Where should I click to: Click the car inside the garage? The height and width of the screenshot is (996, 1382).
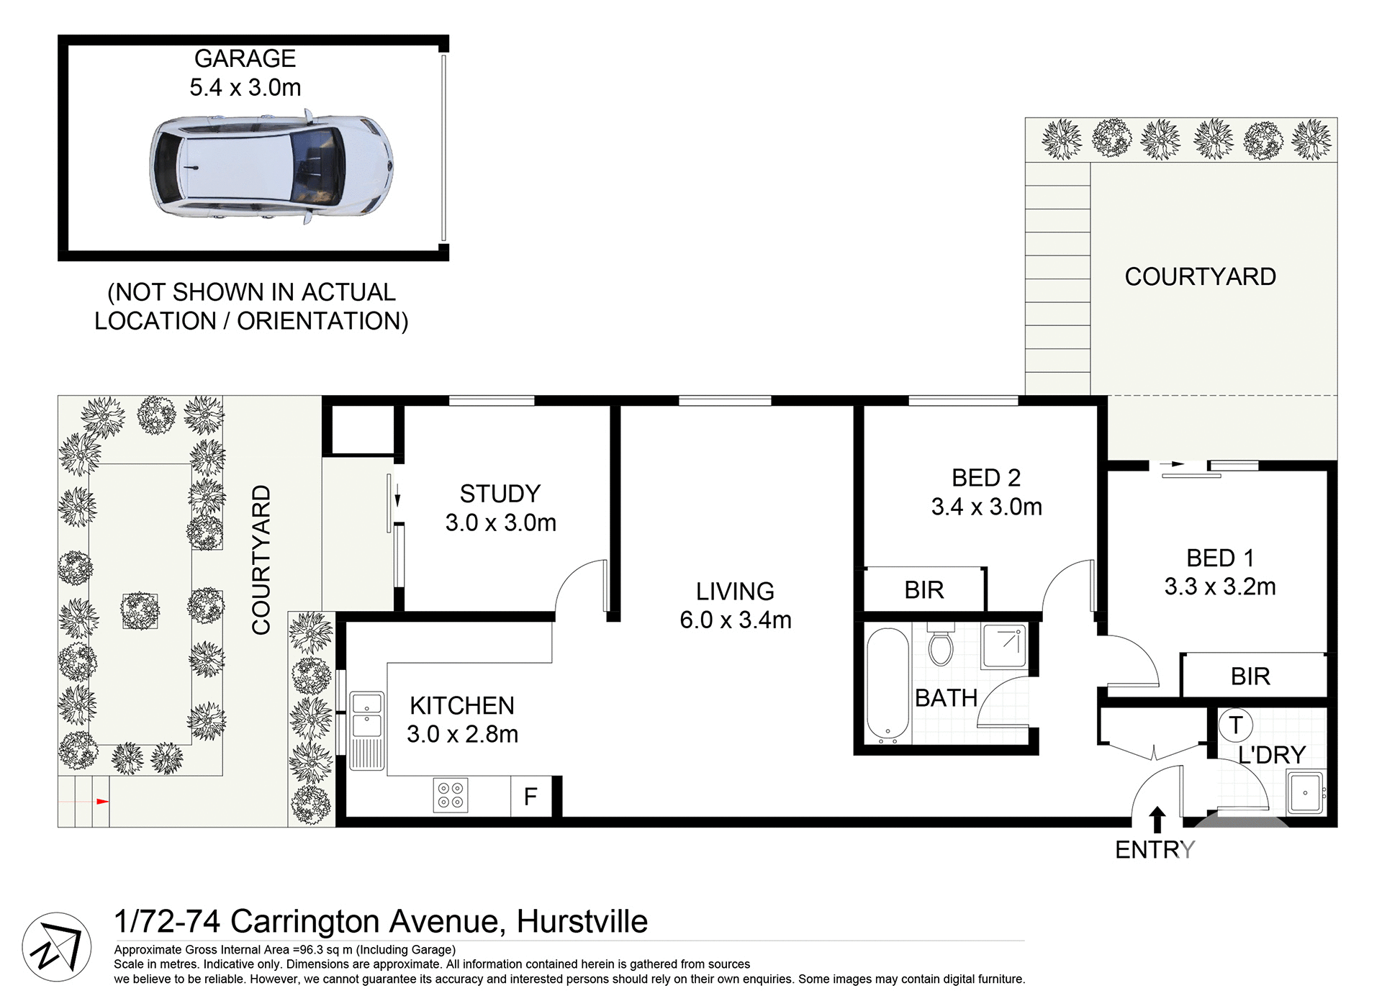point(271,167)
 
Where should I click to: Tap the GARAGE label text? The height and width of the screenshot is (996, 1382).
point(245,59)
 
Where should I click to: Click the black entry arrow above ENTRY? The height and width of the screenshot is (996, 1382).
point(1157,820)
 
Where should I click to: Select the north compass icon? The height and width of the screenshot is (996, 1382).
point(56,947)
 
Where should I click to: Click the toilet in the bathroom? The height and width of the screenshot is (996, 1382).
point(941,646)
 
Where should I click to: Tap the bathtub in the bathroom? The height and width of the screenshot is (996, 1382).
point(888,686)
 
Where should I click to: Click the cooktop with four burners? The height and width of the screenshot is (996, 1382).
point(451,795)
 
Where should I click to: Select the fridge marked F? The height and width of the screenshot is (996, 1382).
point(531,797)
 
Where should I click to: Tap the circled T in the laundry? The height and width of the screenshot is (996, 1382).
point(1236,725)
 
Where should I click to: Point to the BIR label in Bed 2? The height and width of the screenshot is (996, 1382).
point(923,590)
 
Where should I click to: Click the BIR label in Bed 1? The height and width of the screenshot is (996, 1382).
point(1250,676)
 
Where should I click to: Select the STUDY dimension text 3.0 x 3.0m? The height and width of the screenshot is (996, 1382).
point(500,523)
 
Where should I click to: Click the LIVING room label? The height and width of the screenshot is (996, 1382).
point(735,592)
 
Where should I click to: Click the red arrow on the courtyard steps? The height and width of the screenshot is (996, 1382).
point(102,801)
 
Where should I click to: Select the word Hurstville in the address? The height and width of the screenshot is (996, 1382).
point(582,922)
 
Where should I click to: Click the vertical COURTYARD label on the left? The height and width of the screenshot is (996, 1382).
point(261,559)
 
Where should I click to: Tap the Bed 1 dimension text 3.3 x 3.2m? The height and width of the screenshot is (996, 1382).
point(1219,587)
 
